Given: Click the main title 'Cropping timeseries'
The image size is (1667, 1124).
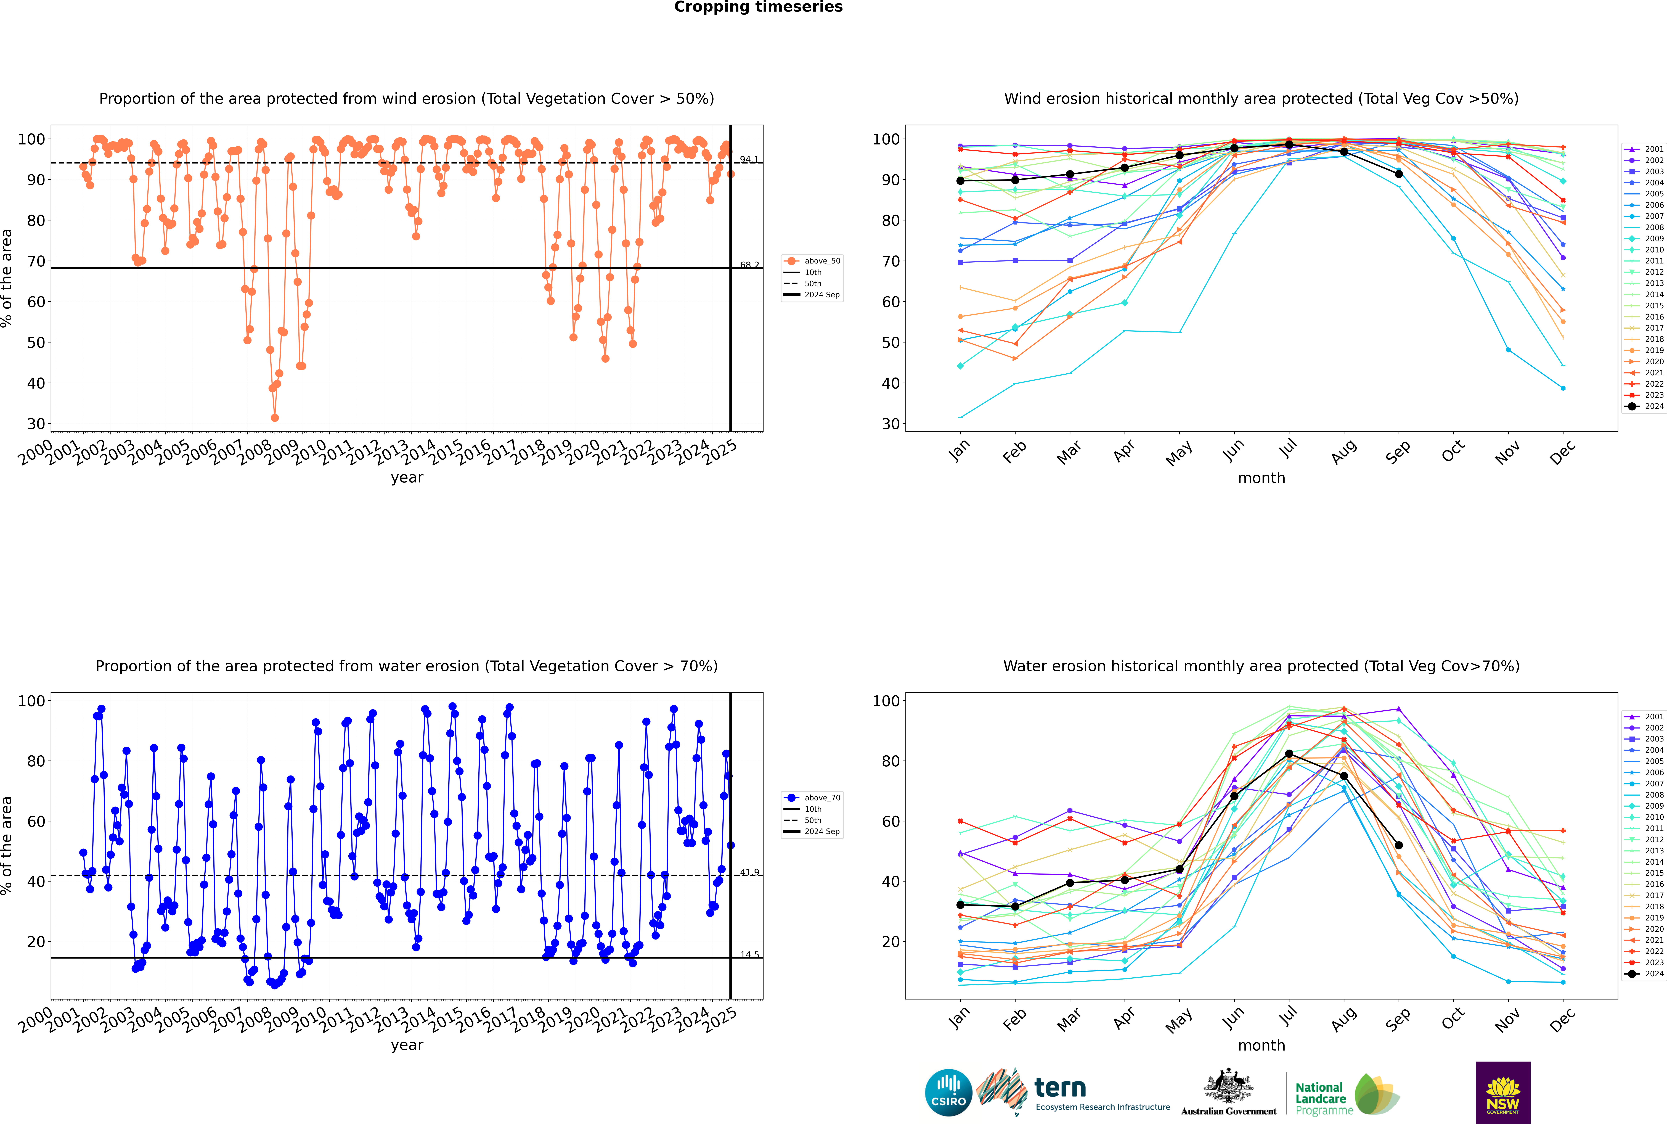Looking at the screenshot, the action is pos(758,7).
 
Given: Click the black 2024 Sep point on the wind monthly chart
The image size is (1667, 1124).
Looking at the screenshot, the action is pos(1398,174).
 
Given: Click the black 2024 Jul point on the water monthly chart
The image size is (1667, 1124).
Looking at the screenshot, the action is pos(1289,753).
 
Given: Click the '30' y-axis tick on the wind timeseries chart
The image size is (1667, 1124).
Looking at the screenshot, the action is pos(36,424).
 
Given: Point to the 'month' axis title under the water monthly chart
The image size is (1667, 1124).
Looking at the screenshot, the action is pos(1261,1045).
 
